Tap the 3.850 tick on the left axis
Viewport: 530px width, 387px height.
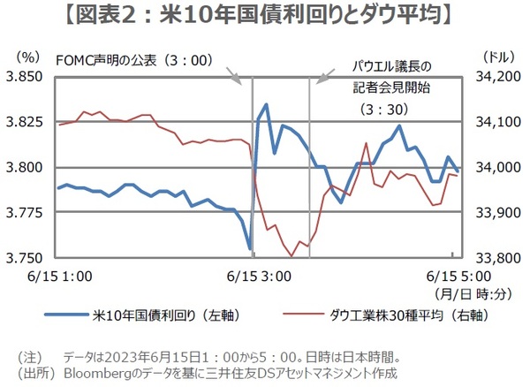(x=26, y=77)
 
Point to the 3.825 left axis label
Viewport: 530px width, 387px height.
(x=26, y=122)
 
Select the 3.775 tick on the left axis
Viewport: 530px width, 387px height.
(x=26, y=213)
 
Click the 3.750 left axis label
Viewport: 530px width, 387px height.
(x=26, y=258)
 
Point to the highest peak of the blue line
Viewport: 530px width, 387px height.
(x=266, y=104)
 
